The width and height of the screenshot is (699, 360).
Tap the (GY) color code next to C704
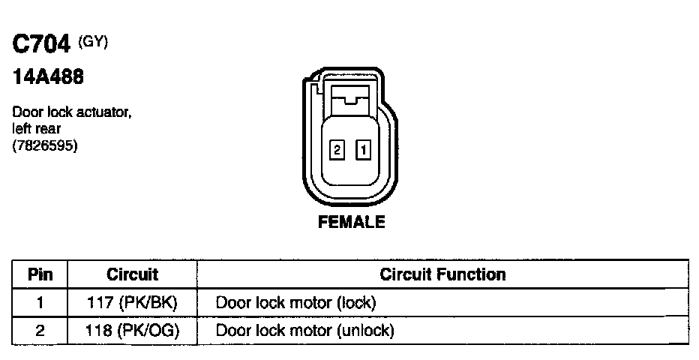(94, 43)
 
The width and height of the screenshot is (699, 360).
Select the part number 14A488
(47, 77)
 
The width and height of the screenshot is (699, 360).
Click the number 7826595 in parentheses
(45, 145)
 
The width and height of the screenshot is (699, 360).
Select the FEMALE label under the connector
(351, 222)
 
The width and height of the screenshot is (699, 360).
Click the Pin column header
(40, 274)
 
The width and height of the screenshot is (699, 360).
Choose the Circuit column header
(132, 274)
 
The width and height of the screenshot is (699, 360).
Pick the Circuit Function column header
(442, 274)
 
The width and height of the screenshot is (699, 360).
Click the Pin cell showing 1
(40, 303)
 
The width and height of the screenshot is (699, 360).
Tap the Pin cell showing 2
(40, 330)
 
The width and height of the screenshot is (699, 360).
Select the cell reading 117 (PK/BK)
(133, 303)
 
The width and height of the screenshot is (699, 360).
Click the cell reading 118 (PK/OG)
(133, 330)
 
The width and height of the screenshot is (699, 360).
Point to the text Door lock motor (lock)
(295, 303)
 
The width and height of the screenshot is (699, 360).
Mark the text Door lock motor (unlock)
(304, 330)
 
